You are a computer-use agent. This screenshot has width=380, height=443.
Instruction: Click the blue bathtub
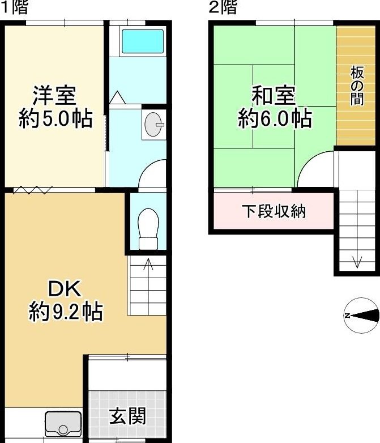pyautogui.click(x=143, y=41)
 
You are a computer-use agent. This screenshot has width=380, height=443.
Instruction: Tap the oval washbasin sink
pyautogui.click(x=154, y=124)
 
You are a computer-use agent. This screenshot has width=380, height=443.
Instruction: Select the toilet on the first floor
pyautogui.click(x=148, y=229)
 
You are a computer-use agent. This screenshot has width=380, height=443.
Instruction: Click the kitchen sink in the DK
pyautogui.click(x=63, y=423)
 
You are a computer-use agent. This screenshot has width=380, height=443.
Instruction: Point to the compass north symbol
pyautogui.click(x=361, y=316)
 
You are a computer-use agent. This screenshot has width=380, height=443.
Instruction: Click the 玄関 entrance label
pyautogui.click(x=127, y=416)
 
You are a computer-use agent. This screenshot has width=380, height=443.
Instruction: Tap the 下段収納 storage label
pyautogui.click(x=274, y=211)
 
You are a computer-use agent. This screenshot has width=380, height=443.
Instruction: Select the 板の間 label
pyautogui.click(x=357, y=86)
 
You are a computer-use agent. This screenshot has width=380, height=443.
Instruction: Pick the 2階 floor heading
pyautogui.click(x=223, y=7)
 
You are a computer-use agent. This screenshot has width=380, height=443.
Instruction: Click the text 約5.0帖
pyautogui.click(x=55, y=118)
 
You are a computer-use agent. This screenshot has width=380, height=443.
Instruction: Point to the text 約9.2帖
pyautogui.click(x=66, y=312)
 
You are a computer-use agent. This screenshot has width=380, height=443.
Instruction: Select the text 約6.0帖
pyautogui.click(x=275, y=118)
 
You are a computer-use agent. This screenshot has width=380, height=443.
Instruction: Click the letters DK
pyautogui.click(x=65, y=288)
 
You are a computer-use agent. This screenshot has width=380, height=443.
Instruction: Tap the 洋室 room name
pyautogui.click(x=54, y=96)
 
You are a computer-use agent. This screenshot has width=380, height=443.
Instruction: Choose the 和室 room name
pyautogui.click(x=274, y=96)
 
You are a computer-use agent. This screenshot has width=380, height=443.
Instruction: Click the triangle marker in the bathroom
pyautogui.click(x=117, y=97)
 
